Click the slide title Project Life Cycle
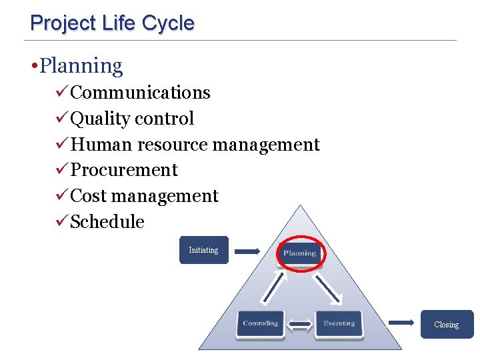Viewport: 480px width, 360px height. (112, 23)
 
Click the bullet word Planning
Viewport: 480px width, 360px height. (81, 66)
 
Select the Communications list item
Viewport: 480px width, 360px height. (140, 93)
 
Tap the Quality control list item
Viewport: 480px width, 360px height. (132, 119)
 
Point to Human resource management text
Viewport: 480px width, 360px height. (195, 145)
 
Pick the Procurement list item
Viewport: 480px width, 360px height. (124, 170)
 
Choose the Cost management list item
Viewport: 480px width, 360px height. (144, 196)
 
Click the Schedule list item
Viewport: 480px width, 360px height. (107, 222)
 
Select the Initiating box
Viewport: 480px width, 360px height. (203, 250)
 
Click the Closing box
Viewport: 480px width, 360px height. (446, 325)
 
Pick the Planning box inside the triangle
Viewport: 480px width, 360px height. (300, 253)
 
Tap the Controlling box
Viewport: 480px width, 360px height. (260, 324)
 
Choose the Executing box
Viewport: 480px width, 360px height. (339, 324)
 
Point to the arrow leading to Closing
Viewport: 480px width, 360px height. (401, 323)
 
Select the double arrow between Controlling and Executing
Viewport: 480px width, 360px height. (300, 325)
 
